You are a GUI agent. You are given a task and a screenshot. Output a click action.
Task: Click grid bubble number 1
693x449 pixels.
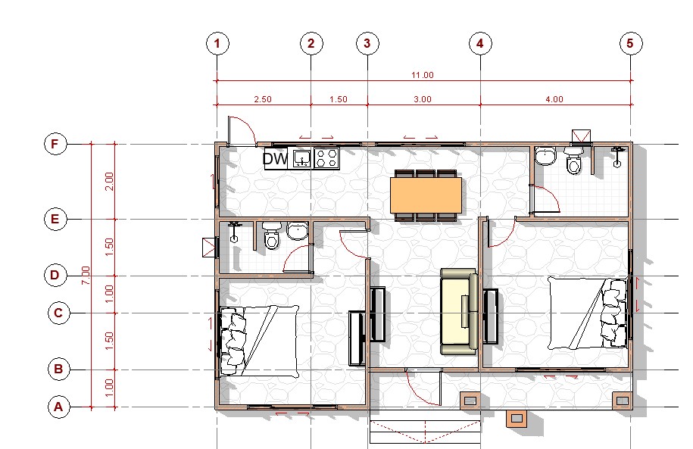tap(217, 43)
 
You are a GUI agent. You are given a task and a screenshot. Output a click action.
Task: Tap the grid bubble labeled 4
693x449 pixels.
tap(480, 43)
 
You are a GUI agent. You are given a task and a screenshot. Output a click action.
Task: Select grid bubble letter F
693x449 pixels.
tap(55, 144)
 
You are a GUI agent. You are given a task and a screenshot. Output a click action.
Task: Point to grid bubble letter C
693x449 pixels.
tap(59, 313)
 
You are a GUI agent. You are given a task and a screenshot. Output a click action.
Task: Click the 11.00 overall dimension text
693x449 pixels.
tap(423, 75)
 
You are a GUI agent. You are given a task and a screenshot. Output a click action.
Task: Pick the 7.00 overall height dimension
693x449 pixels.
tap(86, 275)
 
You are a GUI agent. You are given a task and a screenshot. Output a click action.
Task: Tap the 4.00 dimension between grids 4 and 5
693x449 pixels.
tap(554, 99)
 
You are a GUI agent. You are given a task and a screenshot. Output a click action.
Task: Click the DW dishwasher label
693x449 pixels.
tap(275, 158)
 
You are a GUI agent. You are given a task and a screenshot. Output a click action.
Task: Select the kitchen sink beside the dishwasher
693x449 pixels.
tap(301, 158)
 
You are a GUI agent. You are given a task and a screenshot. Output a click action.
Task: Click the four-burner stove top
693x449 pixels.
tap(326, 158)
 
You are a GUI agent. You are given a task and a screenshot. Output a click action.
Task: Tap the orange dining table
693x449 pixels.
tap(426, 195)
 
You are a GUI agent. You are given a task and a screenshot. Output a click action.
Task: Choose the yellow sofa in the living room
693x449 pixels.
tap(459, 311)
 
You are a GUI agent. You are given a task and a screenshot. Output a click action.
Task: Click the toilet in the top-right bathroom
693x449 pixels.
tap(573, 161)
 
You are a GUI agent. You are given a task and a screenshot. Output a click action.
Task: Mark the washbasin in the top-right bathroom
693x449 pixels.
tap(546, 157)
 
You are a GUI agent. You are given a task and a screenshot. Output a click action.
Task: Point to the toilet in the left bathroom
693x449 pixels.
tap(271, 235)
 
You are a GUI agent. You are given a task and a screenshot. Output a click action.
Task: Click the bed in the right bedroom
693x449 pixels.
tap(588, 313)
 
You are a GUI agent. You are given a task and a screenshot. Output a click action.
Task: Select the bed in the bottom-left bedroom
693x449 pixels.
tap(258, 342)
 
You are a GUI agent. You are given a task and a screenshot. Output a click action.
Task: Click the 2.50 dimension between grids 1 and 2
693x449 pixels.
tap(263, 99)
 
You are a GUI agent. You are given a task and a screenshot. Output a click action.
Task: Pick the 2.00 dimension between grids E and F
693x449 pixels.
tap(109, 181)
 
